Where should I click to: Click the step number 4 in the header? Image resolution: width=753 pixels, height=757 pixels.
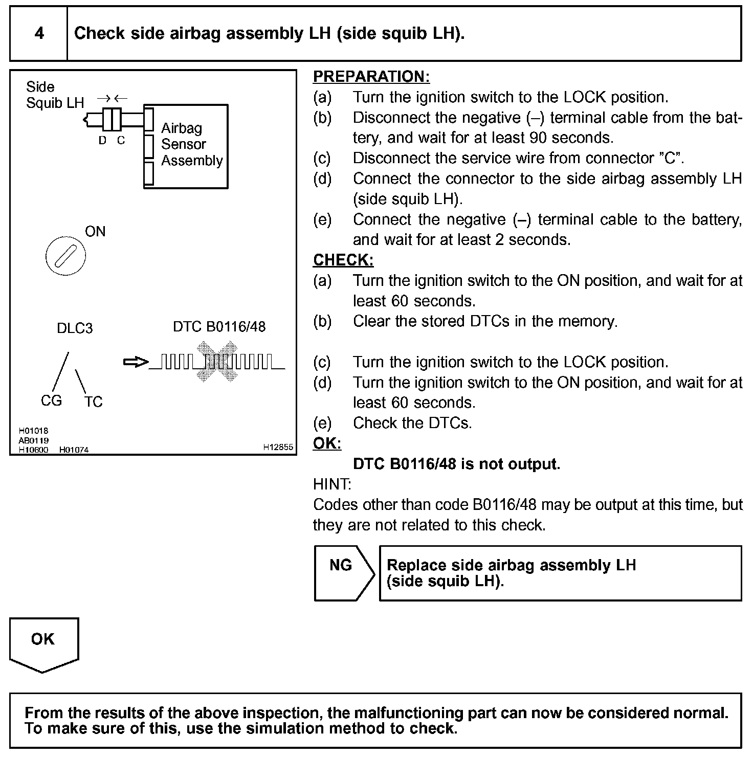click(x=39, y=34)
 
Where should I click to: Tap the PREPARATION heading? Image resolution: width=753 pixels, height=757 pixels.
click(x=371, y=77)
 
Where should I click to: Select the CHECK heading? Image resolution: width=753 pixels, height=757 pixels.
click(x=343, y=260)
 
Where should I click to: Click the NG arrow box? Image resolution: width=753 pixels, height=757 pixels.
click(x=342, y=572)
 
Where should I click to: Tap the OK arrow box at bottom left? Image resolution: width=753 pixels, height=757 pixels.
click(x=43, y=644)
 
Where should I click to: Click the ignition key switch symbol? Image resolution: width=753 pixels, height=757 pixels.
click(x=65, y=256)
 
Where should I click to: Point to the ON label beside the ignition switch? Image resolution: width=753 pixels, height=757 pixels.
click(x=95, y=232)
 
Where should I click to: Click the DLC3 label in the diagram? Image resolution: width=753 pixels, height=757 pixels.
click(x=75, y=328)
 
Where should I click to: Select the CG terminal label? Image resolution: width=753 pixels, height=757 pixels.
click(x=51, y=400)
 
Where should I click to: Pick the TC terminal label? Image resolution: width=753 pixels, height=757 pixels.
click(x=94, y=402)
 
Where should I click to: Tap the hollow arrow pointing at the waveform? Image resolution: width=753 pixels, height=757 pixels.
click(x=135, y=362)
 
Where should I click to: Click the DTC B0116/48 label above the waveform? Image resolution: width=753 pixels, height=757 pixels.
click(x=219, y=327)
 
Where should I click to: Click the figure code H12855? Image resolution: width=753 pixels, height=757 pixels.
click(x=278, y=447)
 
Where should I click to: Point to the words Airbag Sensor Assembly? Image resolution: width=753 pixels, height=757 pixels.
click(x=191, y=144)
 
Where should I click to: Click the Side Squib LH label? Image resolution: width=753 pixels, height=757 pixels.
click(x=54, y=95)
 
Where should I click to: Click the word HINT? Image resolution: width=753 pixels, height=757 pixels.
click(x=332, y=484)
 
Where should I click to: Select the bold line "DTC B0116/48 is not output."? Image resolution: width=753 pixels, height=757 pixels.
click(x=456, y=464)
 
